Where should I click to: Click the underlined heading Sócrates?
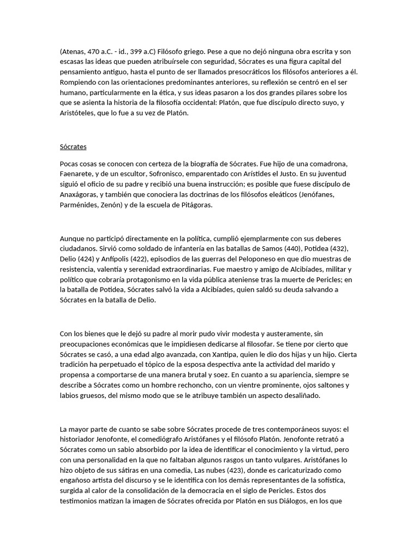tap(73, 146)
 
